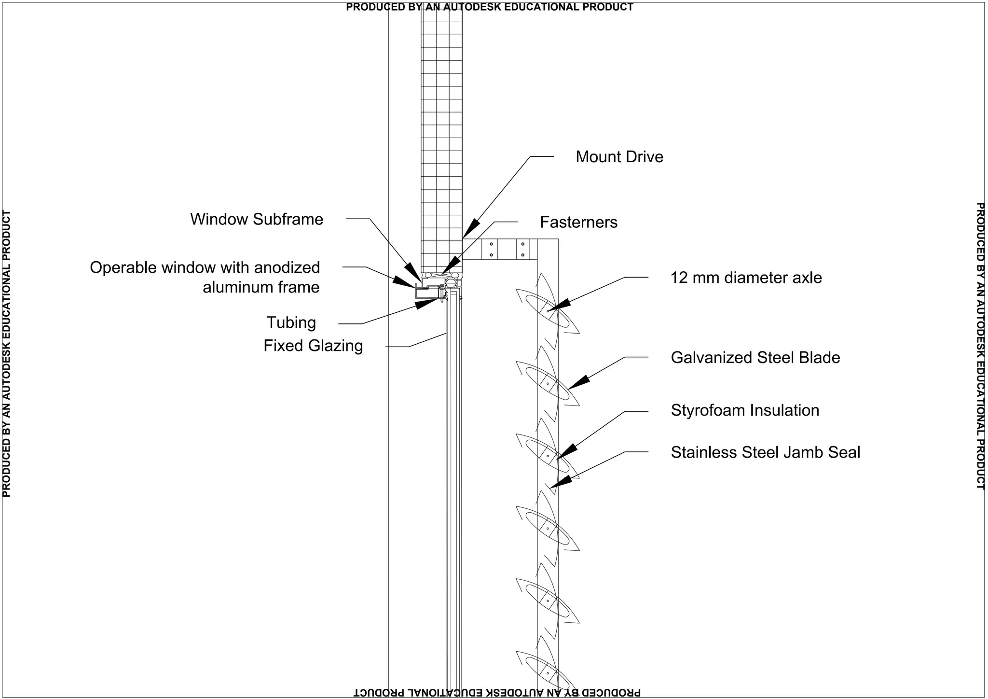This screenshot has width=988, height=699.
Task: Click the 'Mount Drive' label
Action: (619, 157)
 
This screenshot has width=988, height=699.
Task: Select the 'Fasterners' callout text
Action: (578, 222)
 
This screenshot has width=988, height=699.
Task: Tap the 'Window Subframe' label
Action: (257, 219)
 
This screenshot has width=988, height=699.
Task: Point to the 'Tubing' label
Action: (291, 322)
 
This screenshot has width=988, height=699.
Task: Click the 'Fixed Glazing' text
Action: (313, 346)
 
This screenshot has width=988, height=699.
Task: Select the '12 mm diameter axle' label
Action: (746, 278)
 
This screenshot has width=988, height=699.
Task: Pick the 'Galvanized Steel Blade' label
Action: (755, 358)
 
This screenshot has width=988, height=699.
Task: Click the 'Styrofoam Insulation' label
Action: (745, 410)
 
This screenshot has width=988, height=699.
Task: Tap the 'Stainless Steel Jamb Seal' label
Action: (765, 452)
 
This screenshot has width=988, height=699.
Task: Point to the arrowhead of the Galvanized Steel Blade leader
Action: (578, 382)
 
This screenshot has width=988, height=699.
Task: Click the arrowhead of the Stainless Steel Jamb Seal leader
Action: (560, 482)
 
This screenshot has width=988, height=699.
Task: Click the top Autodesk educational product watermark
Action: (489, 7)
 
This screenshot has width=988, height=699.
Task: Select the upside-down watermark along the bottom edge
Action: (497, 693)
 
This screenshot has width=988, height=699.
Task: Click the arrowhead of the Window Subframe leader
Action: (413, 271)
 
